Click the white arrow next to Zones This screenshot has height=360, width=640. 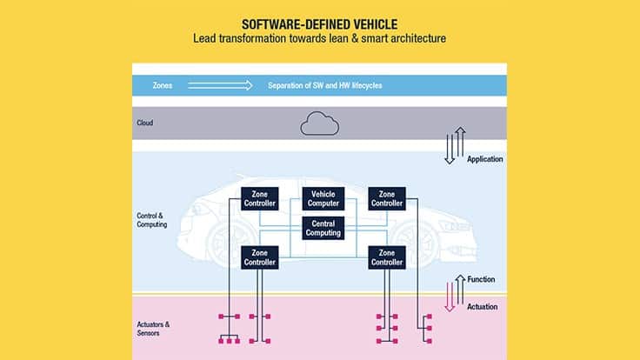[220, 85]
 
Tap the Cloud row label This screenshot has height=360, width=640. [145, 123]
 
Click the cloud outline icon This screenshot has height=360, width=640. [319, 124]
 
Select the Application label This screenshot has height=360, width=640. [485, 159]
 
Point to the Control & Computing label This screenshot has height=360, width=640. [152, 219]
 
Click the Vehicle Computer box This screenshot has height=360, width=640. [323, 198]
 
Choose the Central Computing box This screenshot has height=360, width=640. [323, 228]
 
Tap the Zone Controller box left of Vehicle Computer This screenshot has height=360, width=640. [259, 198]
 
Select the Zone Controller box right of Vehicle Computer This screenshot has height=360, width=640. [386, 198]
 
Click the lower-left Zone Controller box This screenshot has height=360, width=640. [259, 257]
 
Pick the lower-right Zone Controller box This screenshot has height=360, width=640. [386, 257]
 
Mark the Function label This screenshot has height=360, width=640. [481, 280]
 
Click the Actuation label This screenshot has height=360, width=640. [482, 306]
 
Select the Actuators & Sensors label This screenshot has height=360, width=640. [154, 328]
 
